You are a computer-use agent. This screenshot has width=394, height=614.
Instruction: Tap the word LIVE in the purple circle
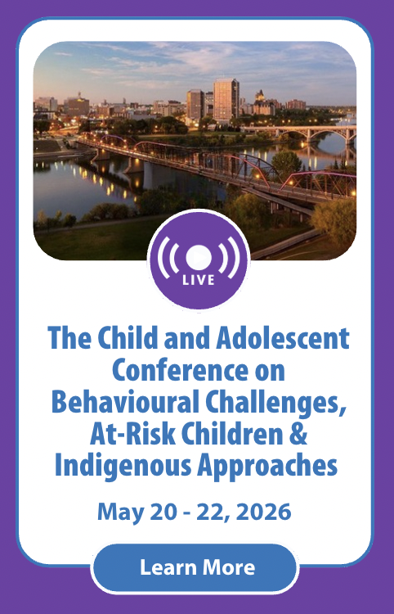(197, 280)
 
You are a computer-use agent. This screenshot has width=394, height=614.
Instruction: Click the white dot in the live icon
(197, 255)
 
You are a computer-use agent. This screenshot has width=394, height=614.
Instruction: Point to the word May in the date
(119, 512)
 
